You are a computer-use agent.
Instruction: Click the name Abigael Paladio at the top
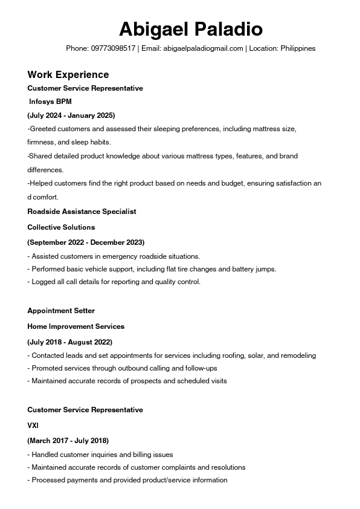190,28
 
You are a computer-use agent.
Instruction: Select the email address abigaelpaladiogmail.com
202,48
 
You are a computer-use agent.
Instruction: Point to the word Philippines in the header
298,48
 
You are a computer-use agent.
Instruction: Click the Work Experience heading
68,74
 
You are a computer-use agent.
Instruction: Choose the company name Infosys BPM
50,102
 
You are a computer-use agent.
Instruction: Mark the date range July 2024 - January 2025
71,115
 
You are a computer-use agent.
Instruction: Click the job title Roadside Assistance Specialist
82,212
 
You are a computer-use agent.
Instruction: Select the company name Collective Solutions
61,227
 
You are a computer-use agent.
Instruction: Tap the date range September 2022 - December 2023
86,242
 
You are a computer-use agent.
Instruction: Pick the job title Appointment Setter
61,311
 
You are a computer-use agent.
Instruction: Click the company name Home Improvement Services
76,326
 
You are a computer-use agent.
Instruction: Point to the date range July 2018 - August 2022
69,342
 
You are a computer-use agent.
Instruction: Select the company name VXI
33,426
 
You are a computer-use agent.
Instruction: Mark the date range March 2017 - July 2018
68,441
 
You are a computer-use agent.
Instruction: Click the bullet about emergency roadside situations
114,256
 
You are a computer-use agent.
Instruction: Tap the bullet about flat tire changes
152,269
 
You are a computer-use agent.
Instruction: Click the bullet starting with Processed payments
127,480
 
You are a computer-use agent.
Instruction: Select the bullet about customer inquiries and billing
100,455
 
